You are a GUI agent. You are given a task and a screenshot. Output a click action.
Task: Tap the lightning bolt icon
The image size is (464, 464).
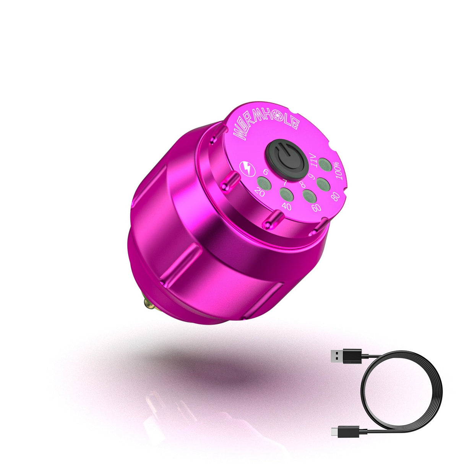[x=246, y=168]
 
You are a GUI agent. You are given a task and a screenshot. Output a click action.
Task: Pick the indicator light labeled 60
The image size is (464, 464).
[x=309, y=195]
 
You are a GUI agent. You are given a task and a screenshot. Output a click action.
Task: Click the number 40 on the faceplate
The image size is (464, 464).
[x=286, y=206]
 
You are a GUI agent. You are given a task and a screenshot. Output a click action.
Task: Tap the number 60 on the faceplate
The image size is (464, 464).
[x=316, y=208]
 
